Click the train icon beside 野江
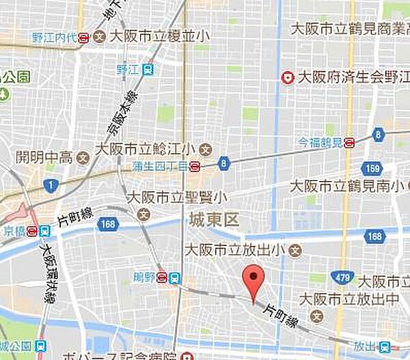[x=149, y=69]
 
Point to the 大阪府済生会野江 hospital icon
[x=288, y=79]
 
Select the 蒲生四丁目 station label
[x=161, y=165]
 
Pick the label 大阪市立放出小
[x=235, y=249]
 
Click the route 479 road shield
[x=345, y=277]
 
